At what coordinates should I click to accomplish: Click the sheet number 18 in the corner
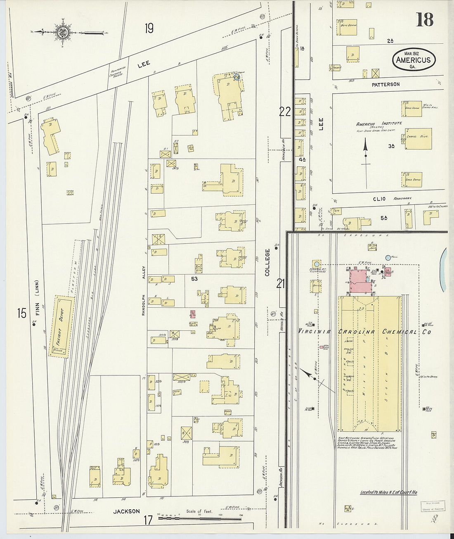click(424, 19)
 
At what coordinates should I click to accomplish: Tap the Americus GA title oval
click(414, 59)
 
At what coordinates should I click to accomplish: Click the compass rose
click(62, 32)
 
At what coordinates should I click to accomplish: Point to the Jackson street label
click(127, 511)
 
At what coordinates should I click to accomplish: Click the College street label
click(267, 263)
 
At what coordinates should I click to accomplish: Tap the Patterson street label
click(385, 84)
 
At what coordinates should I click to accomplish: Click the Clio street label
click(378, 199)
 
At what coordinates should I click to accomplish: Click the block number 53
click(194, 279)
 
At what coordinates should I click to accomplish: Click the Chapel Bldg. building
click(418, 138)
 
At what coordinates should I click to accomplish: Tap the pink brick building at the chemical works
click(358, 281)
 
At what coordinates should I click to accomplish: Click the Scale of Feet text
click(199, 511)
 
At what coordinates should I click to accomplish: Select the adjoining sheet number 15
click(21, 313)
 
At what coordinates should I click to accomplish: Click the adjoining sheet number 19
click(149, 28)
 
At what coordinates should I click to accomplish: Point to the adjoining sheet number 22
click(285, 112)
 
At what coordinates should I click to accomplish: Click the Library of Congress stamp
click(433, 506)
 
